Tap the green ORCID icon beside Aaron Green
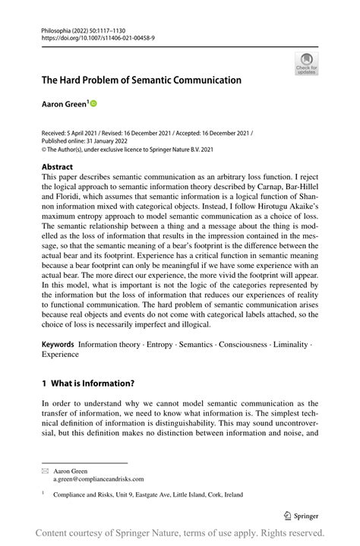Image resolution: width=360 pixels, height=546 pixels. [x=94, y=102]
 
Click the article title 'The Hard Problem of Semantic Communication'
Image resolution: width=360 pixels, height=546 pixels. [x=141, y=80]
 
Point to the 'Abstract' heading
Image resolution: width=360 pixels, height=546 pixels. [x=57, y=166]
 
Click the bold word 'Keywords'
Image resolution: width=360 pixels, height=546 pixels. [x=58, y=344]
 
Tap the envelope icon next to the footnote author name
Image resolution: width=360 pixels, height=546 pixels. [x=46, y=470]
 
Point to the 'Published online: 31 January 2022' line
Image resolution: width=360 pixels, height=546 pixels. [x=86, y=140]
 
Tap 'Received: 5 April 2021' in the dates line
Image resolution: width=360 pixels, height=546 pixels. [x=74, y=132]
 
